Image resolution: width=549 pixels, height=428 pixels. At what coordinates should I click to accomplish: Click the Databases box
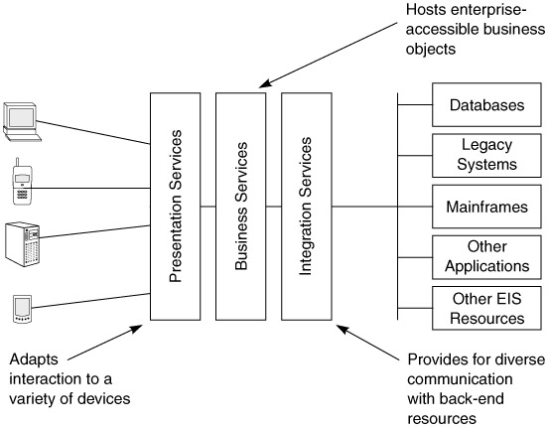(x=486, y=104)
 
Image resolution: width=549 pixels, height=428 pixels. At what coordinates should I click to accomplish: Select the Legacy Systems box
(x=486, y=156)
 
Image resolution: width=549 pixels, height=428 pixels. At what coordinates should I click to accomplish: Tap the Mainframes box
(x=486, y=207)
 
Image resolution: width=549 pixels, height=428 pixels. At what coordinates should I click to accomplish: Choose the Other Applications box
(x=486, y=257)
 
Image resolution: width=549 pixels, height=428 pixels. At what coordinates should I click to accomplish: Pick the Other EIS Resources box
(x=486, y=308)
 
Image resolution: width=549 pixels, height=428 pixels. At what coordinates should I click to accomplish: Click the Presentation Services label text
(x=176, y=207)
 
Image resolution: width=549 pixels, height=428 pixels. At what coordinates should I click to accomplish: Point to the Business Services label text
(x=241, y=207)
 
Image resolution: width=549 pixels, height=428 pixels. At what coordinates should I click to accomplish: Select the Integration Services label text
(x=306, y=207)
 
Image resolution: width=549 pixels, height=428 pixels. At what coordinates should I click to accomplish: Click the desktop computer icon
(x=22, y=122)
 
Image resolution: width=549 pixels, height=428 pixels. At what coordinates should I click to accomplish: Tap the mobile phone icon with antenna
(x=22, y=182)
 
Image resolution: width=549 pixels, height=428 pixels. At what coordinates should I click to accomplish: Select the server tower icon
(x=23, y=244)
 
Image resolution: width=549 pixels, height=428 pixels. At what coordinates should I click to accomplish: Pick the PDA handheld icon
(x=22, y=309)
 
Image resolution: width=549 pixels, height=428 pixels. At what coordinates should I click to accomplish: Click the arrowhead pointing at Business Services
(x=265, y=83)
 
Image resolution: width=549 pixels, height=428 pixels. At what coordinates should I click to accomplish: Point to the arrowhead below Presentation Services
(x=137, y=329)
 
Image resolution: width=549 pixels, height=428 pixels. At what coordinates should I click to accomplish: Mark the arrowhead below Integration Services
(x=343, y=330)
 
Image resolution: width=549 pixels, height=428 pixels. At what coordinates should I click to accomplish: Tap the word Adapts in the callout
(x=34, y=360)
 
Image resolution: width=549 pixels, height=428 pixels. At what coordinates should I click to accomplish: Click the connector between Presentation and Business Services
(x=207, y=207)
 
